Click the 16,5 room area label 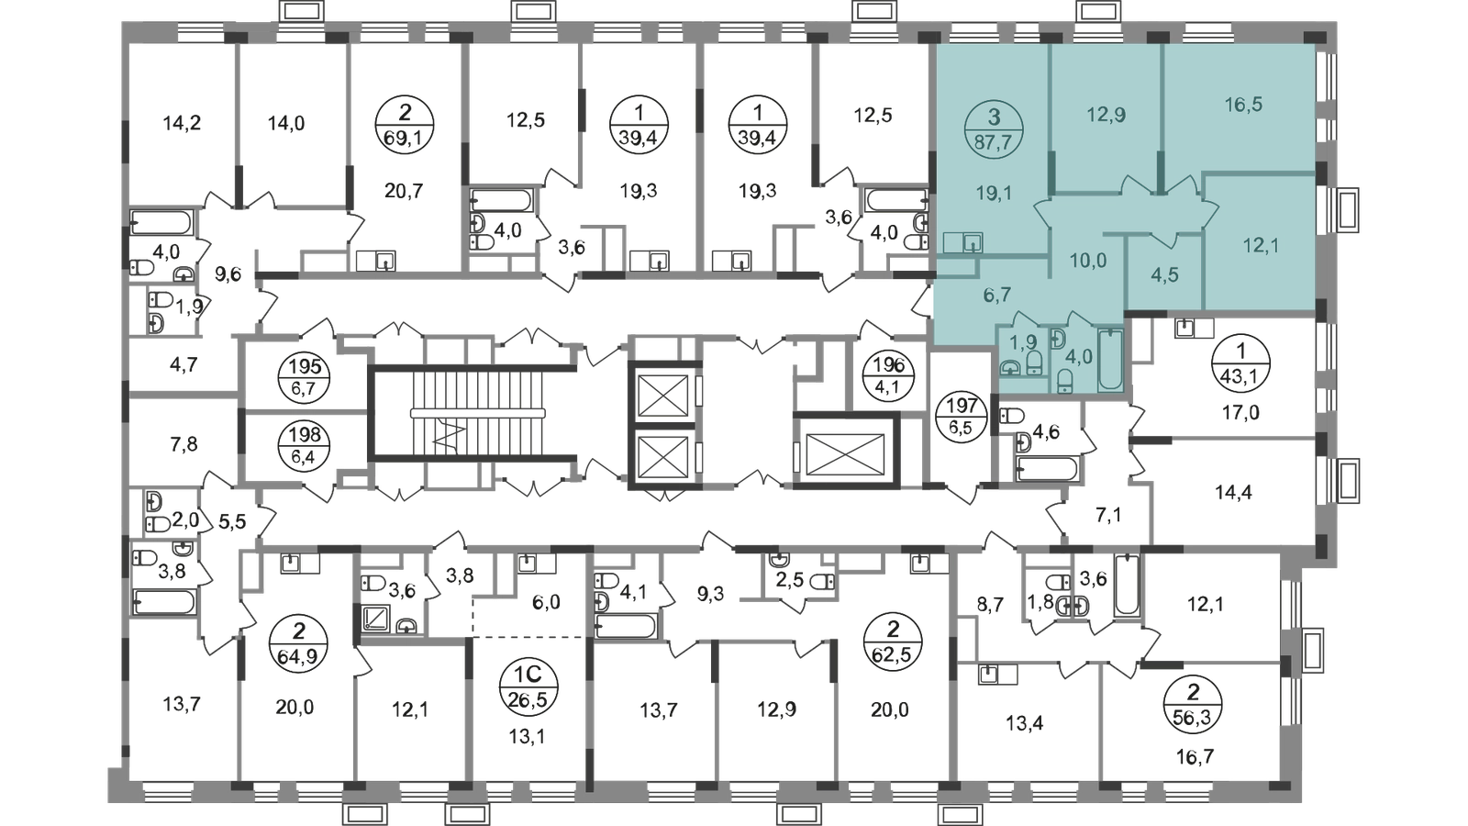tap(1243, 106)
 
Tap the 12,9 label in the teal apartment tap(1107, 116)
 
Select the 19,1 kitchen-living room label tap(992, 194)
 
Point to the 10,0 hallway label tap(1088, 261)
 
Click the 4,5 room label tap(1163, 276)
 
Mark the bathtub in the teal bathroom tap(1111, 359)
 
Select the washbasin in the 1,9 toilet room tap(1010, 367)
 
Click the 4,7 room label tap(183, 365)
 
